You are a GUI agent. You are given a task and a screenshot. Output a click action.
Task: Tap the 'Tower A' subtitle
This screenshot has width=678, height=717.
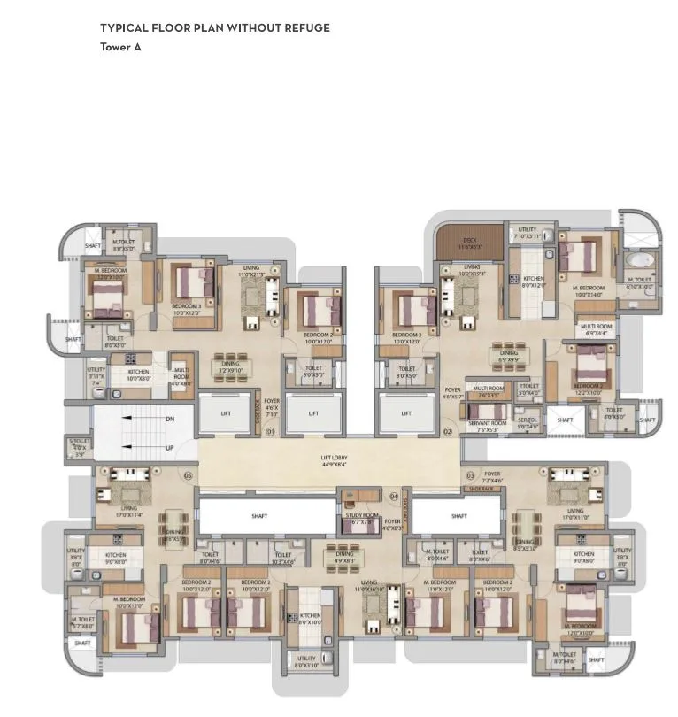coord(120,48)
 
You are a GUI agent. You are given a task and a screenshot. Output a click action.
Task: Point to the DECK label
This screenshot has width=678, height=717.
coord(471,243)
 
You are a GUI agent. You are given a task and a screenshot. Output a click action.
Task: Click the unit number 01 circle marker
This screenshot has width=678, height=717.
coord(271,432)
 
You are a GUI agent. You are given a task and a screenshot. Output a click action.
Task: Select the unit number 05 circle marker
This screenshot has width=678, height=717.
coord(188,475)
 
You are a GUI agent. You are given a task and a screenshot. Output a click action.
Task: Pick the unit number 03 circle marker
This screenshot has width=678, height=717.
coord(470,475)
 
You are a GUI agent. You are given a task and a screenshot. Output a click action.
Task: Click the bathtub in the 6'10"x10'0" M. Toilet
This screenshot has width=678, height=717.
coord(640,261)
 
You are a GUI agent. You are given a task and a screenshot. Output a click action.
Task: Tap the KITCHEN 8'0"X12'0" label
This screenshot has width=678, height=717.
coord(534,282)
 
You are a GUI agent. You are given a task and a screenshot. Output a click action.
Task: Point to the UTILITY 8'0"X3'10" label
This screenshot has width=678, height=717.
coord(306,661)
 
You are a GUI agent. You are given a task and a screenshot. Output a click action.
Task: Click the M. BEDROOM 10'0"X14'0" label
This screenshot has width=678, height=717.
coord(588,291)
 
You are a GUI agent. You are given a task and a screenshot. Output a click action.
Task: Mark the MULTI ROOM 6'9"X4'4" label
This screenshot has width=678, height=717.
coord(595,329)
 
